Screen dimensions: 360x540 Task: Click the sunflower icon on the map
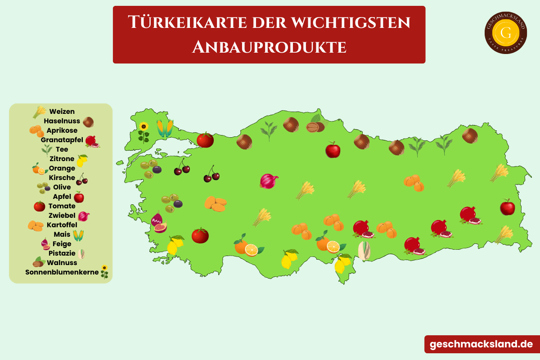pyautogui.click(x=144, y=131)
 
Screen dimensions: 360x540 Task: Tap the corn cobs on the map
pyautogui.click(x=165, y=128)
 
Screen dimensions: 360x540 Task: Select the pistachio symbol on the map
pyautogui.click(x=364, y=250)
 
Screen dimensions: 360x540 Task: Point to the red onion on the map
pyautogui.click(x=269, y=181)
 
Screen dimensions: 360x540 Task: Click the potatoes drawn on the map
pyautogui.click(x=216, y=203)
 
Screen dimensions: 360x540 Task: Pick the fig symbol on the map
pyautogui.click(x=158, y=222)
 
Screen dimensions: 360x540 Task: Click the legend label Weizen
pyautogui.click(x=62, y=112)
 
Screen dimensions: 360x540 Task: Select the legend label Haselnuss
pyautogui.click(x=62, y=121)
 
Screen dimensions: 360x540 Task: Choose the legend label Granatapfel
pyautogui.click(x=62, y=140)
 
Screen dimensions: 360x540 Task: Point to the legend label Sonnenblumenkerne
pyautogui.click(x=62, y=272)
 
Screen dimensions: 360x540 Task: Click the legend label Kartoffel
pyautogui.click(x=62, y=225)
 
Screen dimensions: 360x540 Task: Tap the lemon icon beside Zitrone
pyautogui.click(x=82, y=160)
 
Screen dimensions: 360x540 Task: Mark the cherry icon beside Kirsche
pyautogui.click(x=82, y=179)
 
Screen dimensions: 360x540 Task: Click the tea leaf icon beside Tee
pyautogui.click(x=47, y=150)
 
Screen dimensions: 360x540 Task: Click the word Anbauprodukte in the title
pyautogui.click(x=269, y=47)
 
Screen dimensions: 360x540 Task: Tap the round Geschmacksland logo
pyautogui.click(x=506, y=32)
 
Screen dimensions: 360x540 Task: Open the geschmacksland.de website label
pyautogui.click(x=481, y=344)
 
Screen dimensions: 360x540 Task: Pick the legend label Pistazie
pyautogui.click(x=62, y=253)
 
